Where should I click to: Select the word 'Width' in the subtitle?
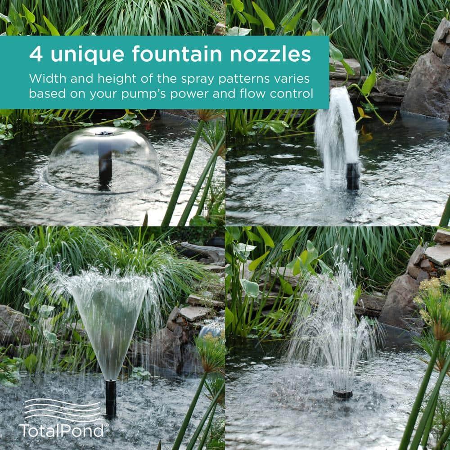44,78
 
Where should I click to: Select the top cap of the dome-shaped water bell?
104,132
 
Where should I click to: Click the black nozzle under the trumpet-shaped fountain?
110,396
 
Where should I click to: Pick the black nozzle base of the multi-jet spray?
342,394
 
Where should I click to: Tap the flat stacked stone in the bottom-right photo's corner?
437,254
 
